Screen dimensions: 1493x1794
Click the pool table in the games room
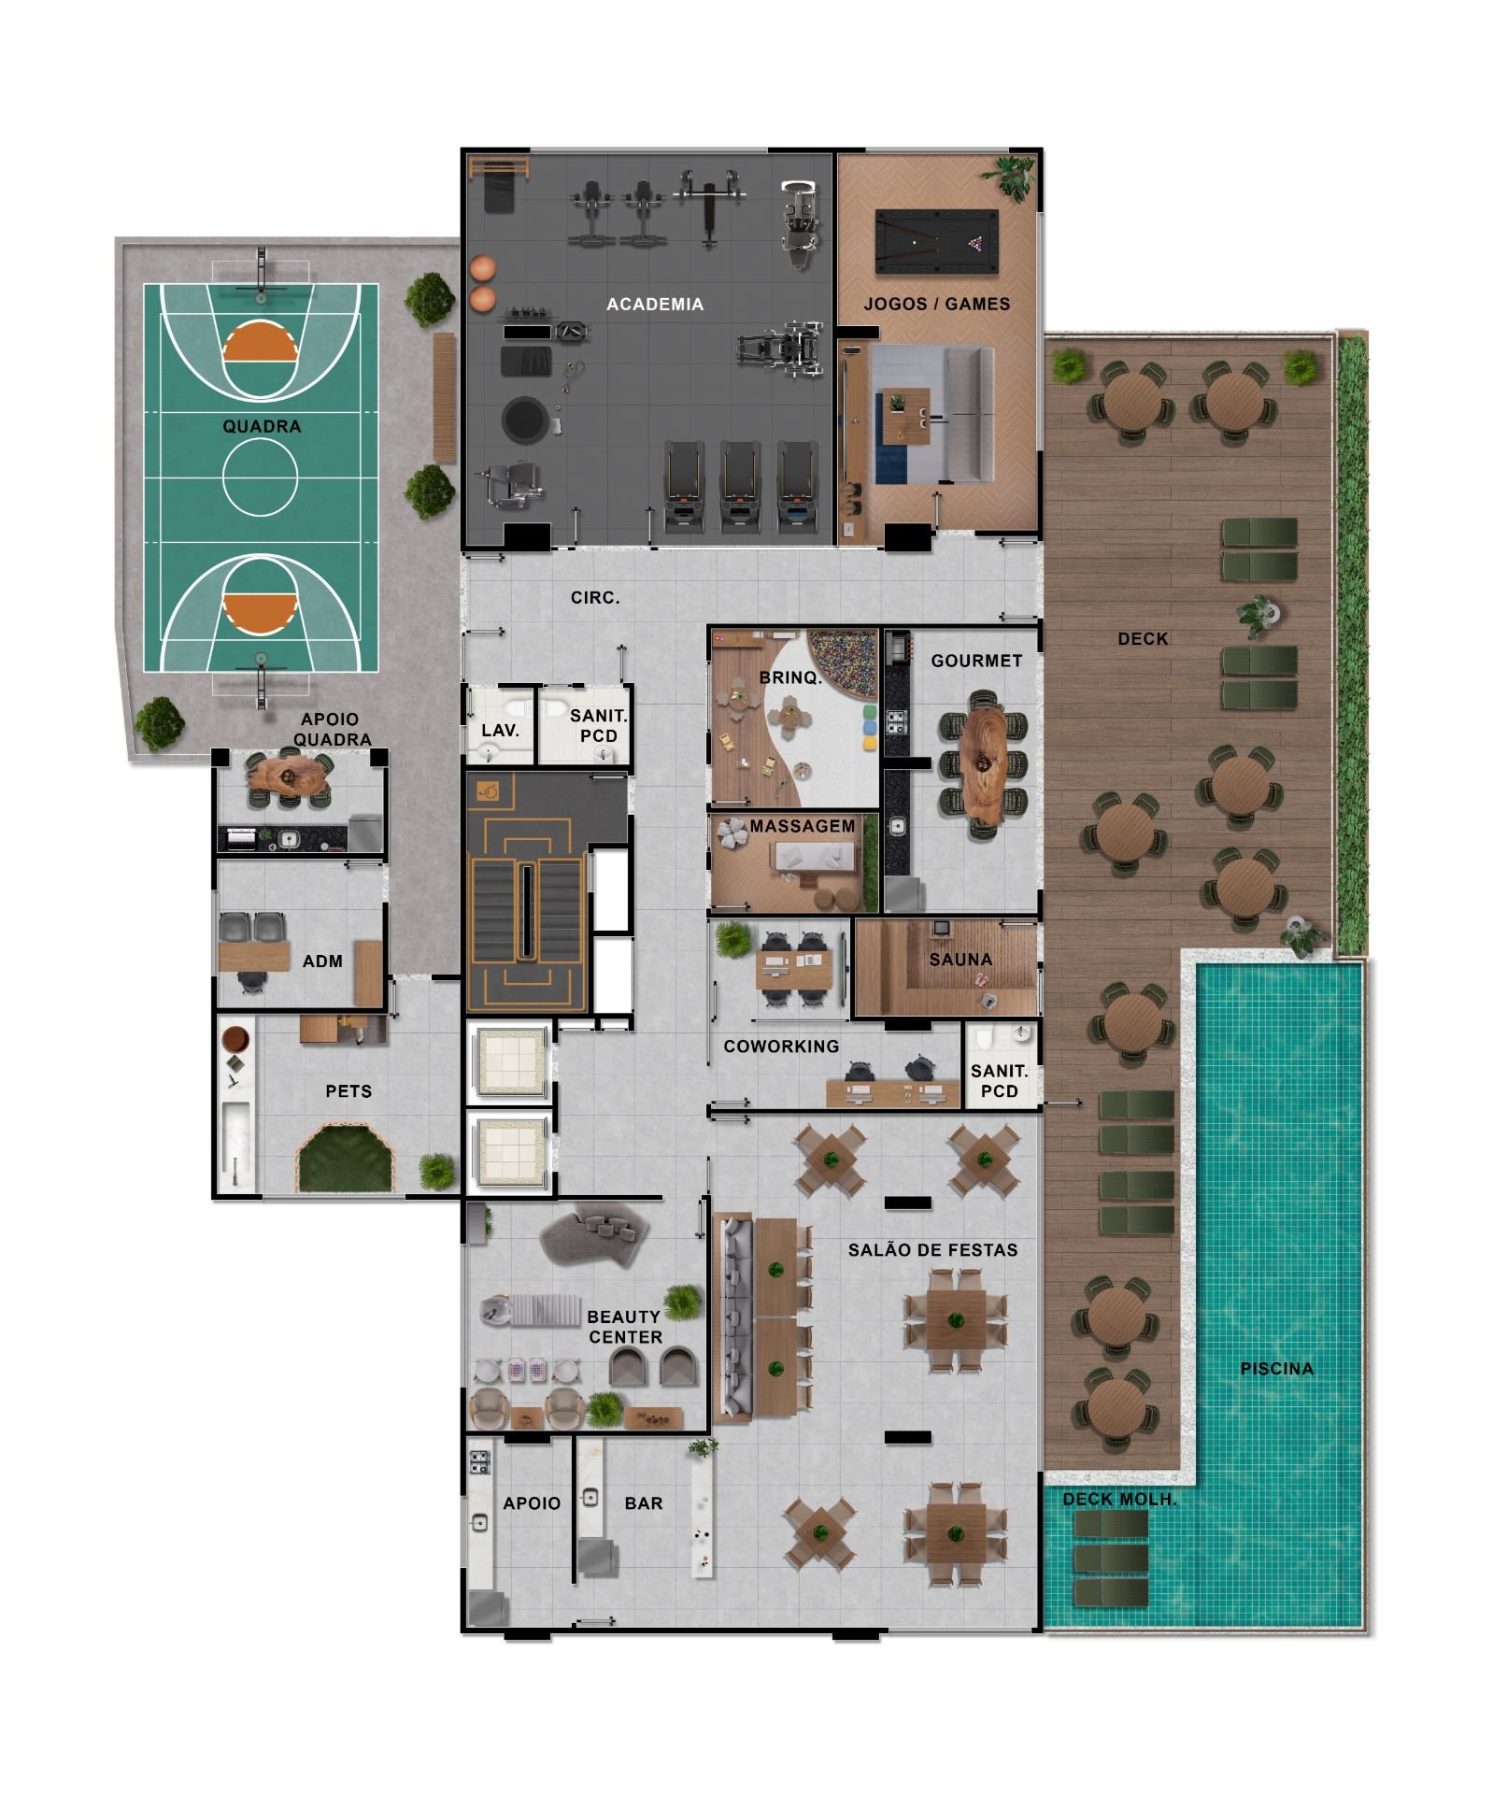(935, 242)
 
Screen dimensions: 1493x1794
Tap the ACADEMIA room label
(654, 304)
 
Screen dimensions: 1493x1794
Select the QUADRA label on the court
(262, 426)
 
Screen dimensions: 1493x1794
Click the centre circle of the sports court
(260, 477)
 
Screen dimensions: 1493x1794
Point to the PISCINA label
(1276, 1369)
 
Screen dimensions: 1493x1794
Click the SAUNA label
(960, 960)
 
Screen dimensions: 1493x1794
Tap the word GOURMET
(976, 661)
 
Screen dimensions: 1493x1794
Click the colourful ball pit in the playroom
(843, 662)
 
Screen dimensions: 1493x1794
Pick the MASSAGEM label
(802, 826)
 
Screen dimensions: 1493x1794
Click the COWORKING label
(781, 1046)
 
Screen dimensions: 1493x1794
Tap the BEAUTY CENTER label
(624, 1327)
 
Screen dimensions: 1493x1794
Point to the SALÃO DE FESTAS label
(932, 1249)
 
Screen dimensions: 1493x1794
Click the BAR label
(644, 1503)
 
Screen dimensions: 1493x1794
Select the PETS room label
(348, 1091)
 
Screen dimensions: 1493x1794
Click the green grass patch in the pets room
(344, 1160)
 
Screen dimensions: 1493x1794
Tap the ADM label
(322, 961)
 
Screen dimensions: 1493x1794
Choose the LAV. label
(500, 731)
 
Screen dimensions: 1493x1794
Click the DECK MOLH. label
(1119, 1499)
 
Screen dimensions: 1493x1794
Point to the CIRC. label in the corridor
(595, 598)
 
